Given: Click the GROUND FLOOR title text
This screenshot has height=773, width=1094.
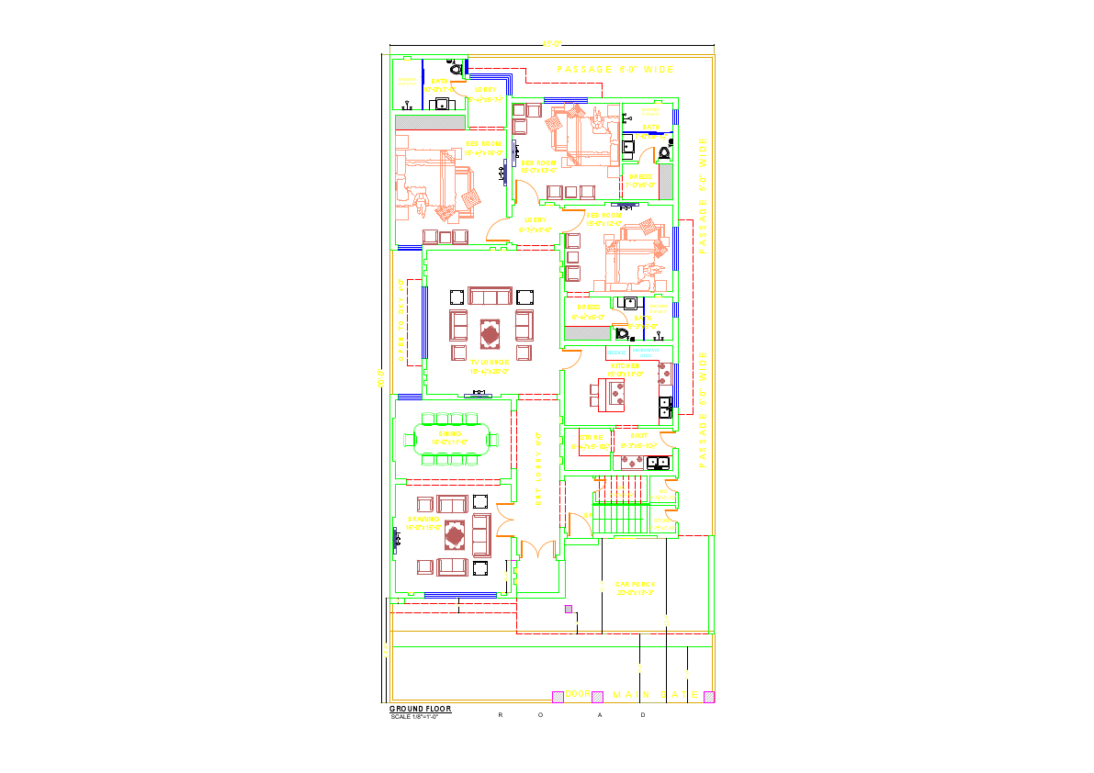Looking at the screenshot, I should pyautogui.click(x=420, y=709).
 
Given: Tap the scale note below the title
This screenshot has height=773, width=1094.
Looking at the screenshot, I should pyautogui.click(x=415, y=716).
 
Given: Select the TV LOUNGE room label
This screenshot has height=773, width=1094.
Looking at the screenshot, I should pyautogui.click(x=490, y=363).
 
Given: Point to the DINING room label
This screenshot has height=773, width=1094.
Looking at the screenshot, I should pyautogui.click(x=450, y=433).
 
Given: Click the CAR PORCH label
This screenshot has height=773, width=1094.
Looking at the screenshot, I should pyautogui.click(x=635, y=584).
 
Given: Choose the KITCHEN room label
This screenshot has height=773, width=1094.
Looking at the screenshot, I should pyautogui.click(x=622, y=365).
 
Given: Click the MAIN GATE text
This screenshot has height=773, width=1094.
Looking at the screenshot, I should pyautogui.click(x=656, y=694).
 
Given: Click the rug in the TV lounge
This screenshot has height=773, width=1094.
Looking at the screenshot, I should pyautogui.click(x=489, y=334).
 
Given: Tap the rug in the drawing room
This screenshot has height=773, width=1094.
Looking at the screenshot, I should pyautogui.click(x=455, y=533).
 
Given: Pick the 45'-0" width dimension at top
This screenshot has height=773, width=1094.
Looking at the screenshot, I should pyautogui.click(x=551, y=42).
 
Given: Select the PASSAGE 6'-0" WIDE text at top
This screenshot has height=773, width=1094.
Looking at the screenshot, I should pyautogui.click(x=615, y=70).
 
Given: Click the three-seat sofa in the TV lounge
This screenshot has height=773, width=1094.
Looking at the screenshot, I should pyautogui.click(x=489, y=296).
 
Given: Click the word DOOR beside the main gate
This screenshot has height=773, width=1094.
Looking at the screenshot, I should pyautogui.click(x=577, y=694).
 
